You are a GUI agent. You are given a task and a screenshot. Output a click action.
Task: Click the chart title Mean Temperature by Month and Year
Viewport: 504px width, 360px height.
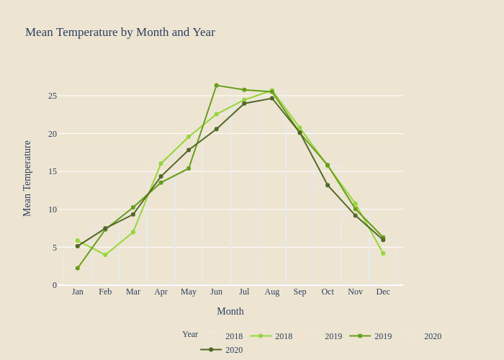[120, 32]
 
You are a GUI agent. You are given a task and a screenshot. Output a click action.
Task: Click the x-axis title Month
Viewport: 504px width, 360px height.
[230, 311]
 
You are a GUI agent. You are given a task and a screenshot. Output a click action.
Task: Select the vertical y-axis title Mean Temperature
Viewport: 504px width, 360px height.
[27, 179]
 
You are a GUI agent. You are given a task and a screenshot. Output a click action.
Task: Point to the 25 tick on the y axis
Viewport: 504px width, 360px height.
[53, 96]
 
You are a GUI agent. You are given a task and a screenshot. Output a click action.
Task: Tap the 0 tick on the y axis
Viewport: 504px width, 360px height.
[55, 285]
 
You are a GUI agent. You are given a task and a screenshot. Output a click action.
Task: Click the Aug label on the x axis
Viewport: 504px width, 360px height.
[272, 292]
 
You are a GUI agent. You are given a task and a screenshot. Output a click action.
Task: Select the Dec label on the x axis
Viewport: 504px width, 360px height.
[383, 292]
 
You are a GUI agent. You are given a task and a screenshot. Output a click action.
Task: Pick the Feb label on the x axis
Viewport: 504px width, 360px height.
[105, 292]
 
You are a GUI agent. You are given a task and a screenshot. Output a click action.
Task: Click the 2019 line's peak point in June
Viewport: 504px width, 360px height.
[217, 86]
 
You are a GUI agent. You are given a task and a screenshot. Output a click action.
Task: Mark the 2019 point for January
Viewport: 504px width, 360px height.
[78, 268]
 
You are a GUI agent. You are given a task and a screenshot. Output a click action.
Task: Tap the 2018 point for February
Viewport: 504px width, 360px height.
[105, 255]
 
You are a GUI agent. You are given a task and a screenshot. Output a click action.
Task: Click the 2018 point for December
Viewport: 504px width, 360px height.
[383, 253]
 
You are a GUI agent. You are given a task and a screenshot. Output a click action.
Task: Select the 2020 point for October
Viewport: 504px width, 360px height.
[328, 185]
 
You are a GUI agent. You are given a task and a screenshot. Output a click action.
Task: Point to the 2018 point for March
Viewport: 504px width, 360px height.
[133, 232]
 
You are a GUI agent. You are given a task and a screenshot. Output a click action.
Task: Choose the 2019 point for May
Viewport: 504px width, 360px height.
[189, 168]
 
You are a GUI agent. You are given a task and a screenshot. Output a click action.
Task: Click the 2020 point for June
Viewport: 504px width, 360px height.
[217, 129]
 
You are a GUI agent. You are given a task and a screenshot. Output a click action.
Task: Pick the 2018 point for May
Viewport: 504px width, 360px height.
[189, 137]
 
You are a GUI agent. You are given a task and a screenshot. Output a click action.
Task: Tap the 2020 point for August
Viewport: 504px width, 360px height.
[272, 98]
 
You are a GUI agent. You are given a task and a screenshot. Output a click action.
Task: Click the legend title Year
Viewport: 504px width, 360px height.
[190, 334]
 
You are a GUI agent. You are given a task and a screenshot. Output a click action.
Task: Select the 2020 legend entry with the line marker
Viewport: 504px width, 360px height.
[222, 350]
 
